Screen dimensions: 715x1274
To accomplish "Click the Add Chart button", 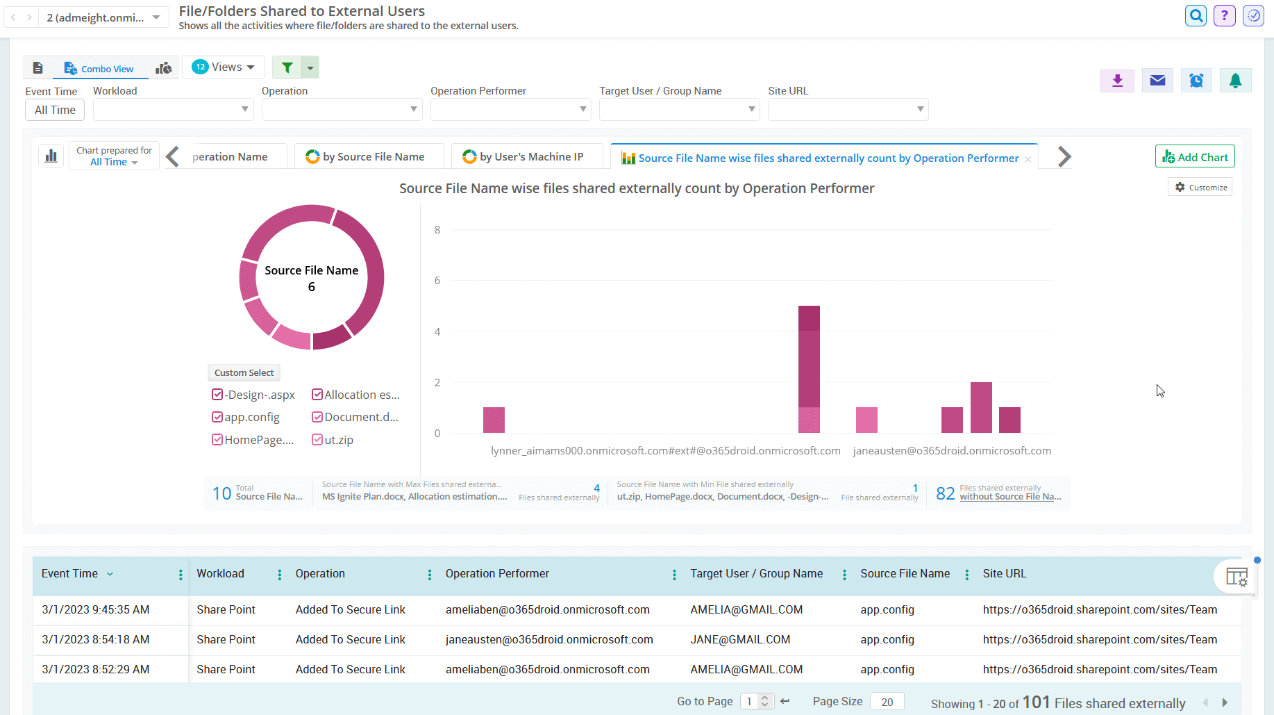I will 1195,157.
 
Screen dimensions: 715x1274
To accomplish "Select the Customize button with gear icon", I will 1200,188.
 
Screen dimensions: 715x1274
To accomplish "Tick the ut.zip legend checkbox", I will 317,440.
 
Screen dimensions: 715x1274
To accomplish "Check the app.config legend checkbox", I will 217,417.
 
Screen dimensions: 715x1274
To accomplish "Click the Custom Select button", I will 244,373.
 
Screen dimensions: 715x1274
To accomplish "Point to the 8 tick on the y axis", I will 437,230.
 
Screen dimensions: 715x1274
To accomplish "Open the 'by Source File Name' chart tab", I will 366,157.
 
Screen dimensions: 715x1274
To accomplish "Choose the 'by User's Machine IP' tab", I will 523,157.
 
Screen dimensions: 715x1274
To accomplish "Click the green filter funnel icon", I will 287,67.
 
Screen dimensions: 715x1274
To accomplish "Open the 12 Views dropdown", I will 224,67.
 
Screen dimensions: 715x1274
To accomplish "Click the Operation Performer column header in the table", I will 497,574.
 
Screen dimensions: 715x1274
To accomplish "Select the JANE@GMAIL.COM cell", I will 740,640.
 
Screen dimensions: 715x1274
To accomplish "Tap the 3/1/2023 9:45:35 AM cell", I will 96,610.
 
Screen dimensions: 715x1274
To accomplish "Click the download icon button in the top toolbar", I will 1117,81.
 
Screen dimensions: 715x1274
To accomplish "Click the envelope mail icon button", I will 1157,81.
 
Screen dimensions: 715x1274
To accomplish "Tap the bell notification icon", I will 1235,81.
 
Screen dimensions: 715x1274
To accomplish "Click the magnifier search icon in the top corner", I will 1196,15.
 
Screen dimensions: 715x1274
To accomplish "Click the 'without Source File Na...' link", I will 1010,497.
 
